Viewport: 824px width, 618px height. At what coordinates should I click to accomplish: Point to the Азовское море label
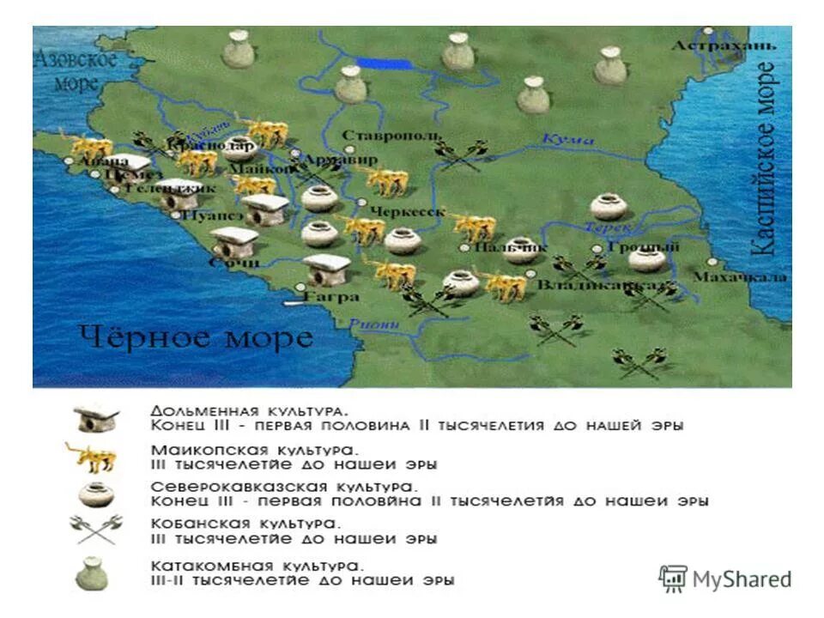click(76, 72)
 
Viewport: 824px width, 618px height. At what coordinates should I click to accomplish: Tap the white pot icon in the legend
click(94, 494)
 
